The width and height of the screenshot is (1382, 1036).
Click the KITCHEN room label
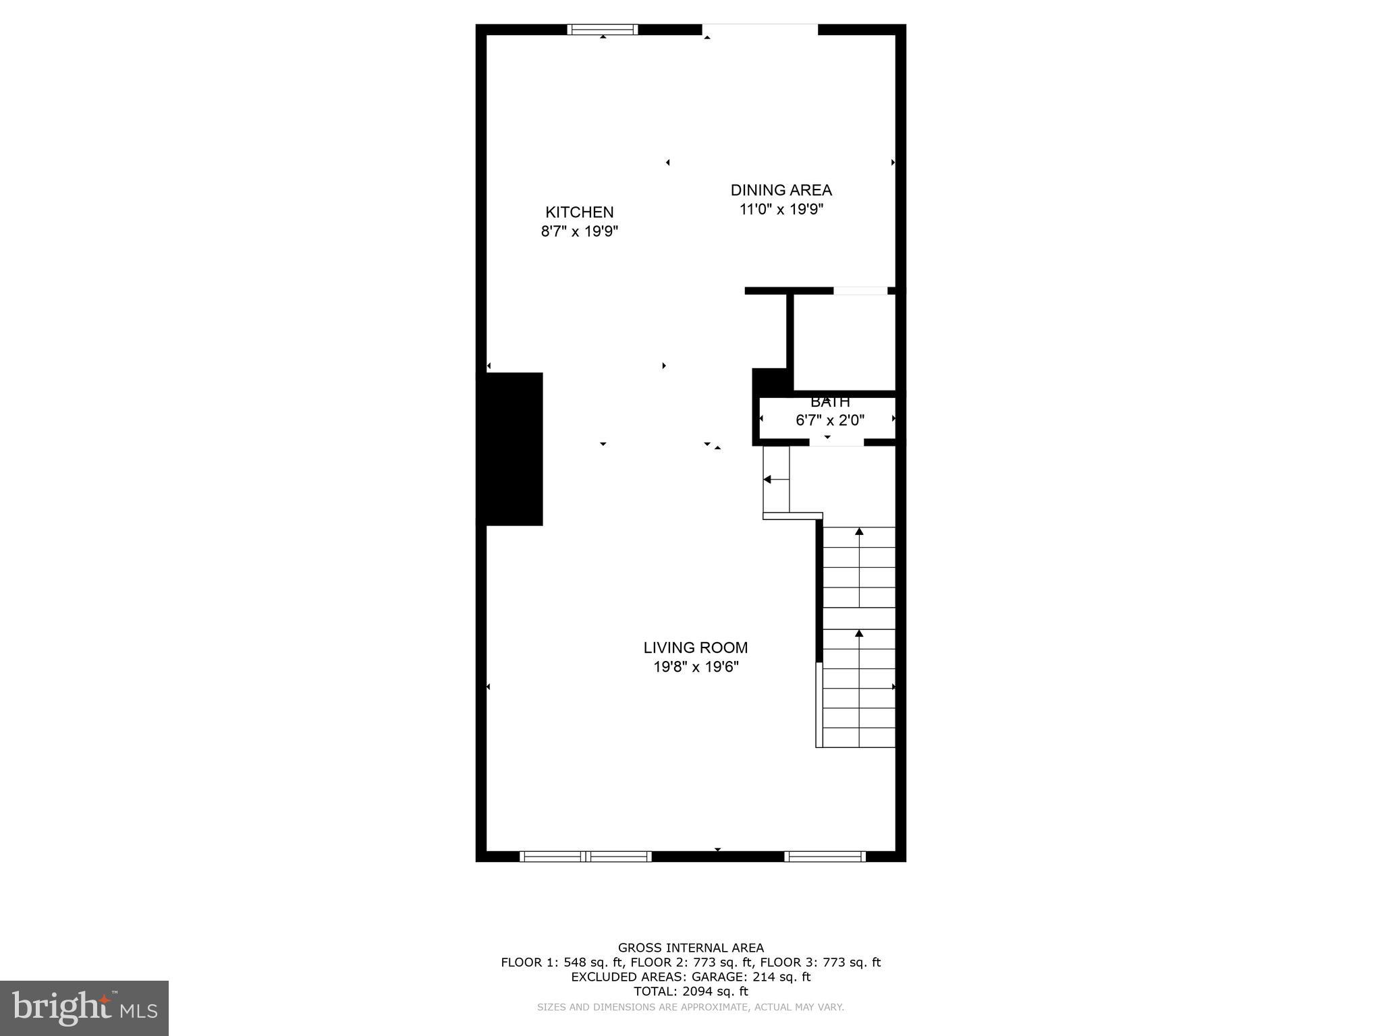pos(579,212)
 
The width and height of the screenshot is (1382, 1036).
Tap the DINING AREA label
pos(781,190)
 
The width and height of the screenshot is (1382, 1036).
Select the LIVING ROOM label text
pos(695,647)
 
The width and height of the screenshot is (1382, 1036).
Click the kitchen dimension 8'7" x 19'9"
pos(579,232)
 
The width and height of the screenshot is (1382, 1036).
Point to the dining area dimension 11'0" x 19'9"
pos(781,210)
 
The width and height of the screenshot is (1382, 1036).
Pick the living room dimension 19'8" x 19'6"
pos(695,667)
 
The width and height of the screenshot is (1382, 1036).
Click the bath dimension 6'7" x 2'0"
pos(829,421)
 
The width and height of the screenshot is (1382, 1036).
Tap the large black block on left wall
pos(510,449)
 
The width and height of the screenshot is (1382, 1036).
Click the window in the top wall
pos(602,29)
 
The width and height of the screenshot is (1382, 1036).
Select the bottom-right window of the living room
pos(825,857)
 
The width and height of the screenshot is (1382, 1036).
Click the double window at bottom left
pos(585,857)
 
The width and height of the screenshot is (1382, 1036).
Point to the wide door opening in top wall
pos(760,29)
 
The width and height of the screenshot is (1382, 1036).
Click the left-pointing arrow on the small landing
pos(768,480)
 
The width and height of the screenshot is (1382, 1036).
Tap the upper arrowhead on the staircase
pos(859,531)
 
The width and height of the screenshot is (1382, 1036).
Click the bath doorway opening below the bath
pos(836,442)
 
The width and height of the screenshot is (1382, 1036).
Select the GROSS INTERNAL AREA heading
pos(690,948)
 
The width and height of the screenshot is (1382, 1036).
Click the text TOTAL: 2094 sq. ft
pos(690,991)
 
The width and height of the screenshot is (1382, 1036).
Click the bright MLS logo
pos(84,1008)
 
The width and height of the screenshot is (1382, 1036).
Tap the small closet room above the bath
pos(844,342)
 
